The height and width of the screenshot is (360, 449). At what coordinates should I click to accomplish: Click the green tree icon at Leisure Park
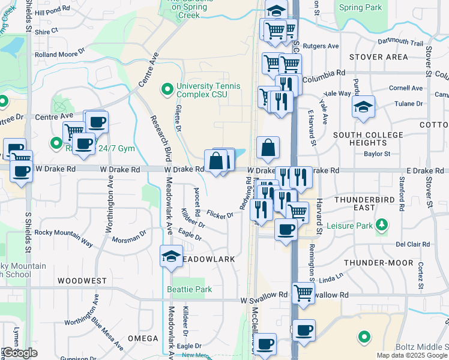point(381,226)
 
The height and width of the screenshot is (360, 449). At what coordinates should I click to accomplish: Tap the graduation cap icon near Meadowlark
point(171,256)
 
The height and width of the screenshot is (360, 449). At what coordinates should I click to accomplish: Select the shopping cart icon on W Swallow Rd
point(304,292)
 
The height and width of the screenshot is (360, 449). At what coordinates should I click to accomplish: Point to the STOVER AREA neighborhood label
point(378,58)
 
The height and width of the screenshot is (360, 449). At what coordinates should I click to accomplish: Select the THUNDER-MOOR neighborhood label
point(379,263)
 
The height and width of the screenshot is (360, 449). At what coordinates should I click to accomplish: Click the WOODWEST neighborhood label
point(82,281)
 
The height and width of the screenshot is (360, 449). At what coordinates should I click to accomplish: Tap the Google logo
point(20,353)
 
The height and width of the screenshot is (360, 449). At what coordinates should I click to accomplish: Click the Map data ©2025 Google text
point(412,355)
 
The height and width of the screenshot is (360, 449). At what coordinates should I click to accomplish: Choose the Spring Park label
point(360,8)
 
